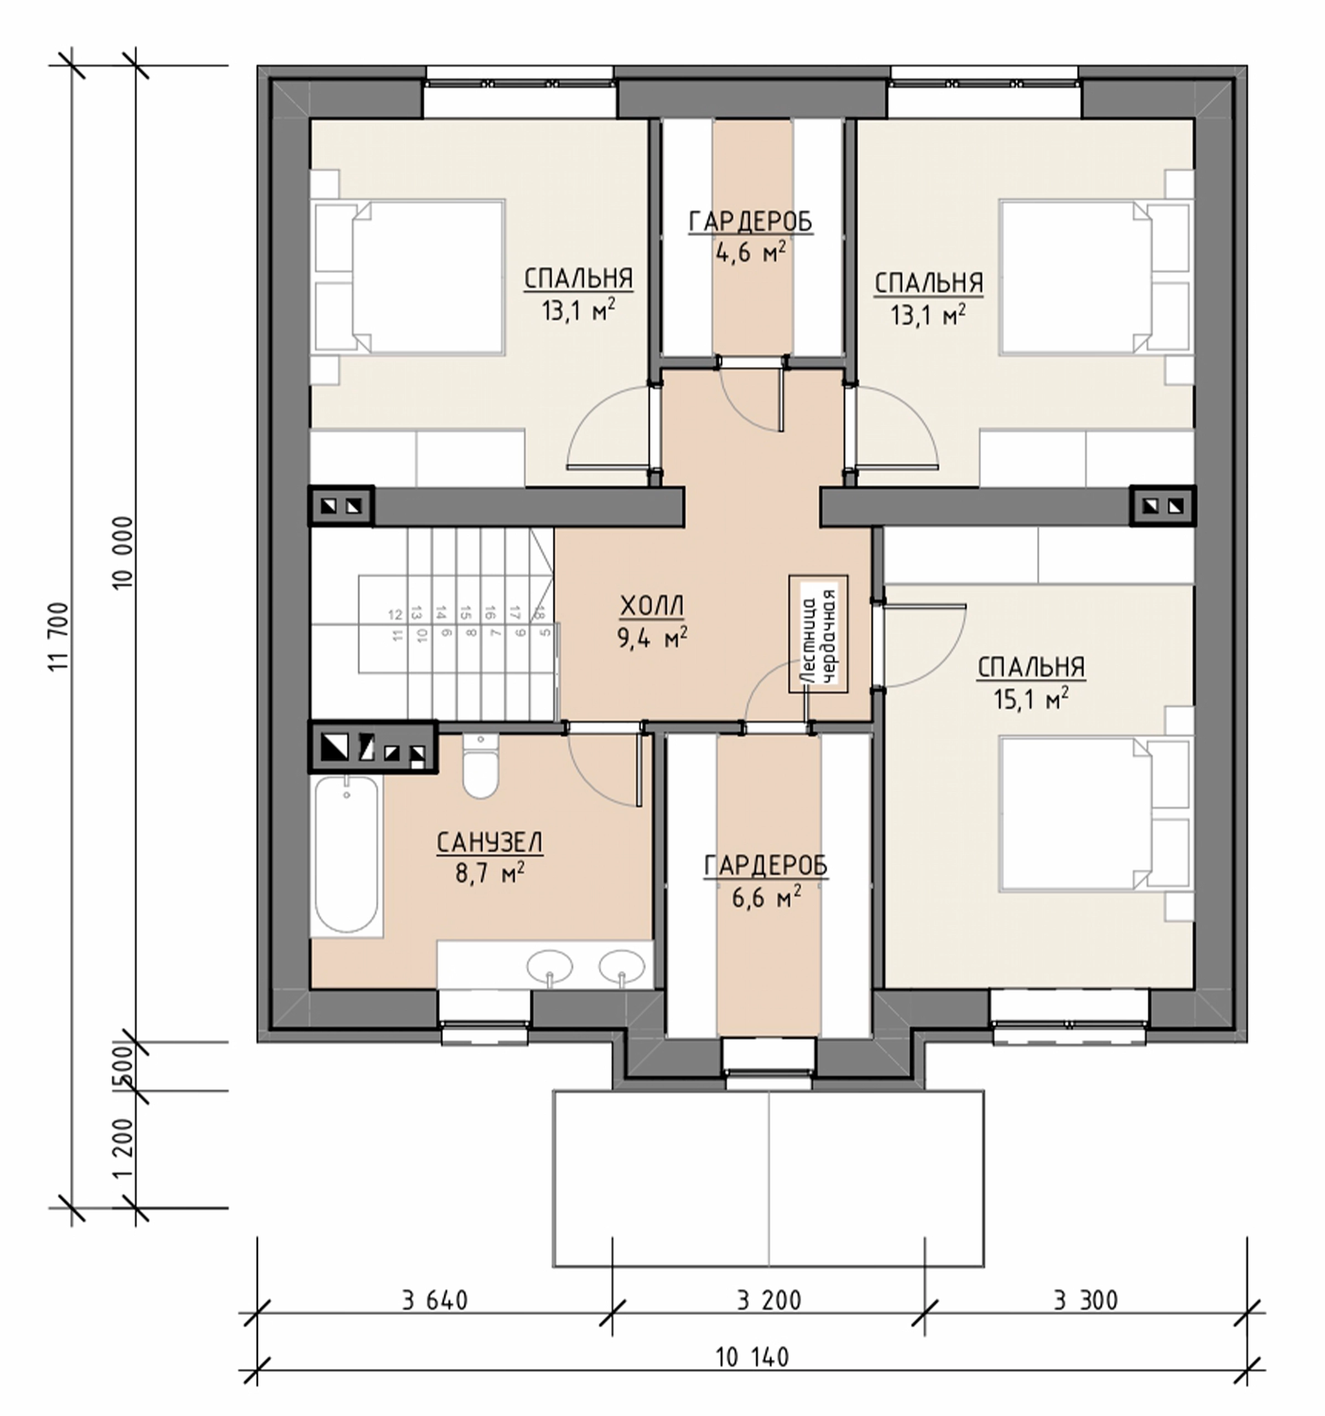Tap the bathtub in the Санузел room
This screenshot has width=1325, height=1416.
pos(347,855)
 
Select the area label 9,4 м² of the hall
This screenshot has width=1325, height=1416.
pos(652,638)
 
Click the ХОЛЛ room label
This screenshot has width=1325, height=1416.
pos(652,606)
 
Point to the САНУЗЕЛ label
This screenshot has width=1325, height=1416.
pos(490,842)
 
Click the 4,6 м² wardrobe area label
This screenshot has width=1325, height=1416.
pos(751,253)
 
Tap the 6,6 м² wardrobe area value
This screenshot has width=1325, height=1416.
pos(766,898)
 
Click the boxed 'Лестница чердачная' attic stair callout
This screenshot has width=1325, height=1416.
pos(818,634)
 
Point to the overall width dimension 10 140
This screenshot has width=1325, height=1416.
pos(752,1357)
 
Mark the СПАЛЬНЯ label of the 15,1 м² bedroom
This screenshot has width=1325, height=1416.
pos(1031,668)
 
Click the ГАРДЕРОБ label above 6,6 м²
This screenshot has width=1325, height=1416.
pos(766,866)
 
